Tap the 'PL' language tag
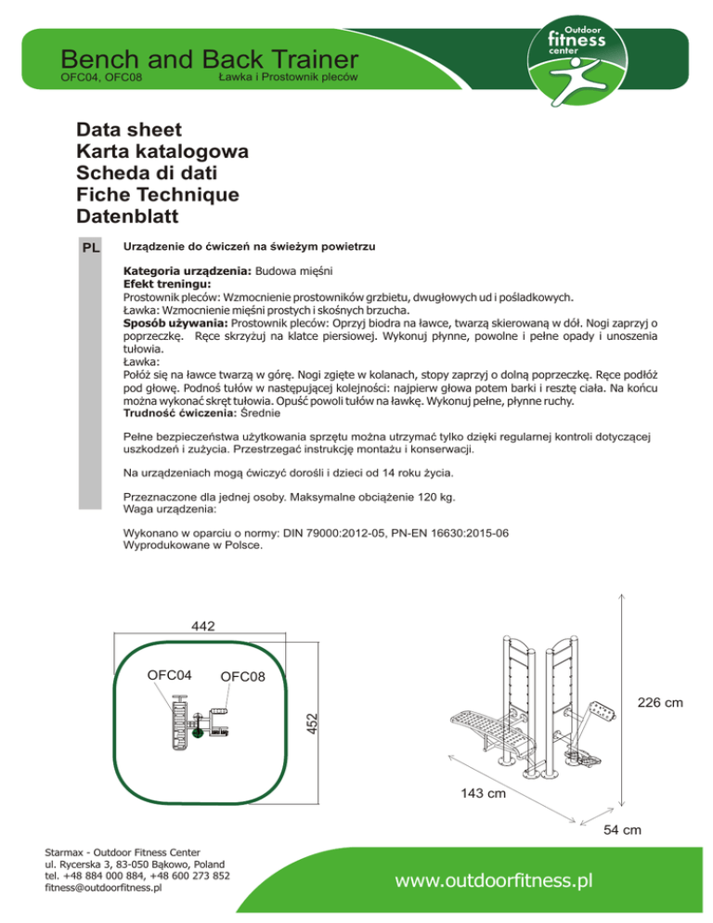tap(91, 249)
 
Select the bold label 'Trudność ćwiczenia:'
tap(180, 412)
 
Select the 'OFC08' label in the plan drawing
tap(243, 676)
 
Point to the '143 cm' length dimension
tap(483, 794)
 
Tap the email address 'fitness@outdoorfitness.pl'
tap(103, 887)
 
